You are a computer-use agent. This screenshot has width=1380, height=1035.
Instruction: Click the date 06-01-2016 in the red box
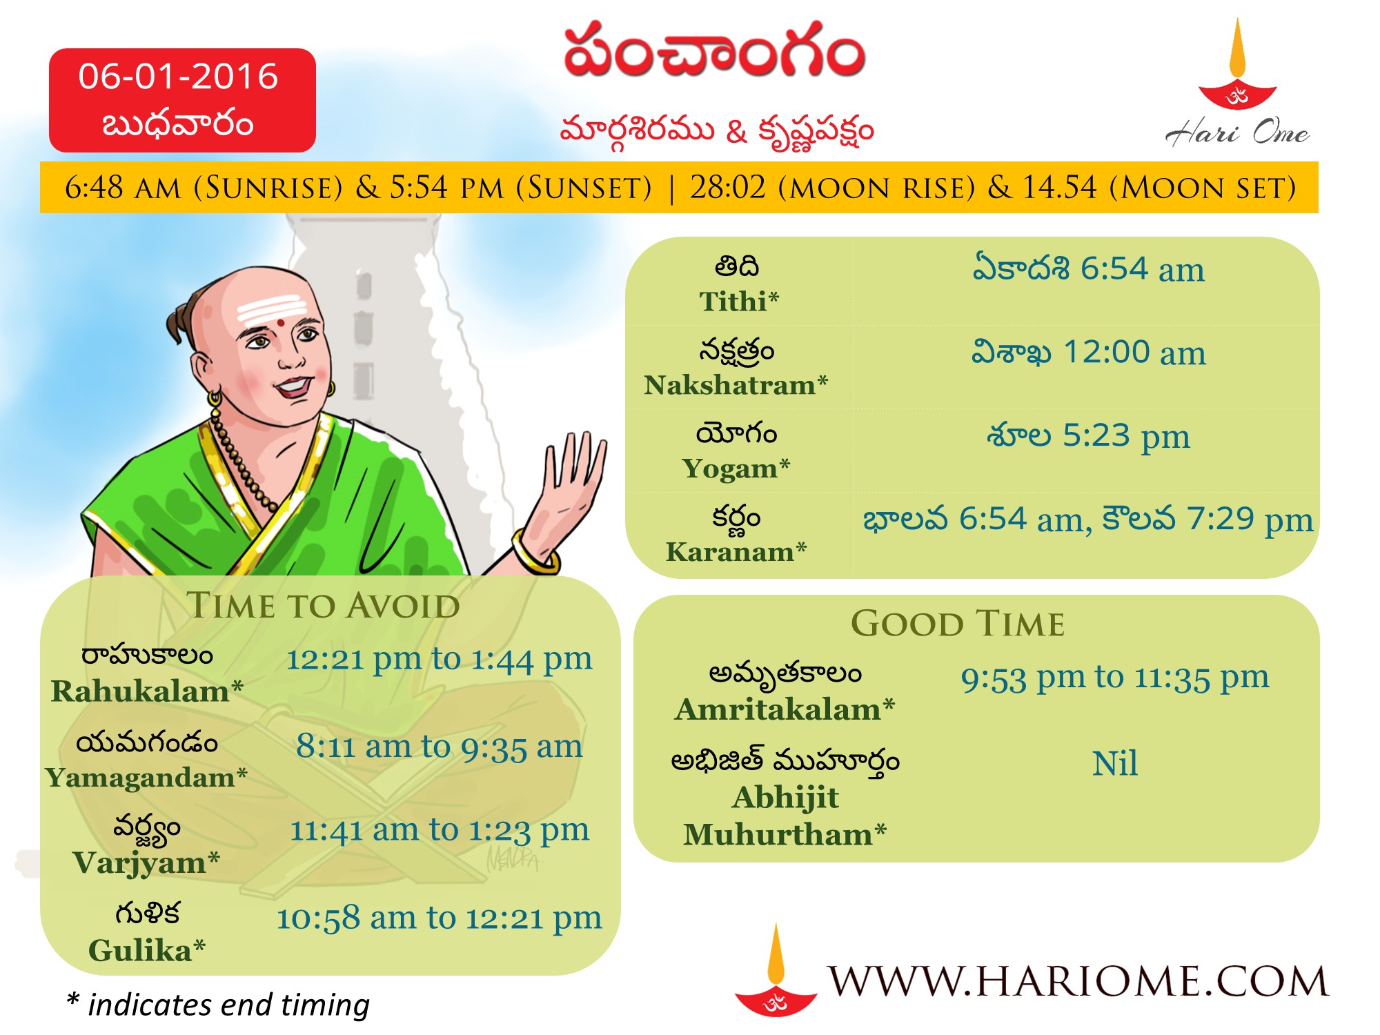178,76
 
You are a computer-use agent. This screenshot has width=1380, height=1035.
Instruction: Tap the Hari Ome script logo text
1237,131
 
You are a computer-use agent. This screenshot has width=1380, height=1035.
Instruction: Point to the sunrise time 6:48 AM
123,188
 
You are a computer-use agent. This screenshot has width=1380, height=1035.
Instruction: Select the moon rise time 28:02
728,187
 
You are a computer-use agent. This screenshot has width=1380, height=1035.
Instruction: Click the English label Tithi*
739,302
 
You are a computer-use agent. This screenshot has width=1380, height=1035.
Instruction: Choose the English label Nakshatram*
736,385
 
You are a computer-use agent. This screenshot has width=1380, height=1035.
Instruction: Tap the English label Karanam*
736,552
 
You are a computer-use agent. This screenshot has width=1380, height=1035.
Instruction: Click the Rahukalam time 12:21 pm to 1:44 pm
440,659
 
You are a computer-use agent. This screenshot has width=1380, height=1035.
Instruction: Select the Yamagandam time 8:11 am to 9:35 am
440,747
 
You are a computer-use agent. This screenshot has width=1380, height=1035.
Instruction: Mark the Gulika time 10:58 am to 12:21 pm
440,918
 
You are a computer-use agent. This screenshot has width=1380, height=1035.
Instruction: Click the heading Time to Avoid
323,606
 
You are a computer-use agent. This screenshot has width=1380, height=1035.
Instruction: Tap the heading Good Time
958,624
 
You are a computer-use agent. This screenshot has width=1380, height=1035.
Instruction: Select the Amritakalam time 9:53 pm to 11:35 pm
1115,678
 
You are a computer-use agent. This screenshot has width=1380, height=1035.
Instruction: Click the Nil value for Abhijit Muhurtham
1115,764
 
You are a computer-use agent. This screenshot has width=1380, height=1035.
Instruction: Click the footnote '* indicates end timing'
218,1005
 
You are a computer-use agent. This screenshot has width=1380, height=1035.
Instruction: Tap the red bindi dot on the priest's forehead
281,322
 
